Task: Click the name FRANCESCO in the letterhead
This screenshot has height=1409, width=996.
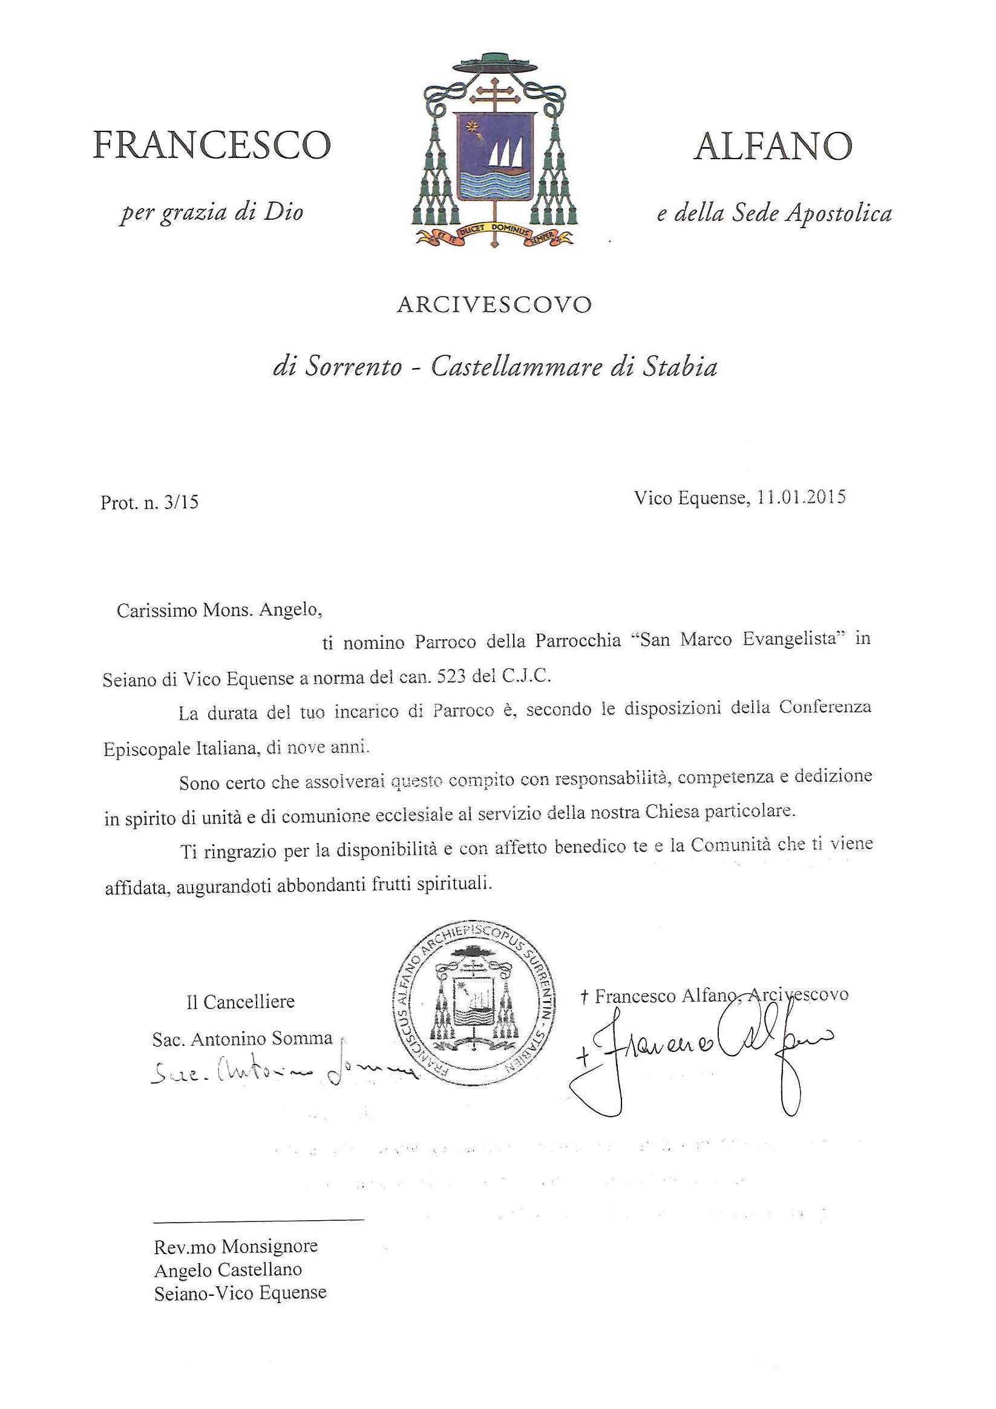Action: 212,145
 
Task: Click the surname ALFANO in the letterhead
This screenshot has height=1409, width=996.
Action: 773,146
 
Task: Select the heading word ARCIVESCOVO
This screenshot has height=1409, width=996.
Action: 494,305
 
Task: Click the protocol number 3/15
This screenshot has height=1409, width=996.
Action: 182,502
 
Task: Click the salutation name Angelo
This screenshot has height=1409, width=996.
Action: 290,610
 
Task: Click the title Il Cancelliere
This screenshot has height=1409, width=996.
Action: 241,1002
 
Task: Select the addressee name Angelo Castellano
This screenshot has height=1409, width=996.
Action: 228,1270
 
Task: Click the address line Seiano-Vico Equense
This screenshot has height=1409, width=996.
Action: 240,1293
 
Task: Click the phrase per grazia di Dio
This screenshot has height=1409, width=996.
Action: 212,212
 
